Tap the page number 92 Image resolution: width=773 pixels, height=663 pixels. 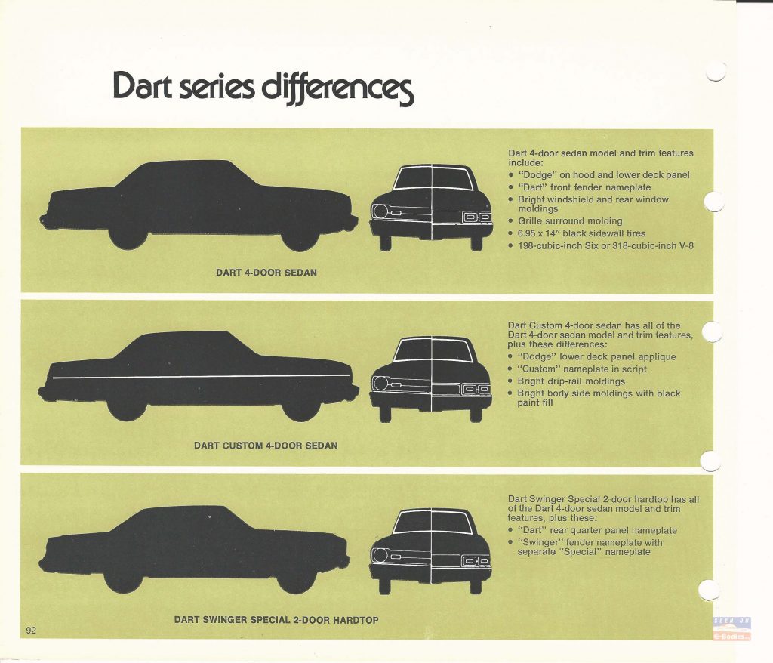click(31, 630)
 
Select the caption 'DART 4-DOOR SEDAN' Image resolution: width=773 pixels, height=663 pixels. click(266, 273)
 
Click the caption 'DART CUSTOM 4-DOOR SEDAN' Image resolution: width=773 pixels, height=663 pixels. click(266, 446)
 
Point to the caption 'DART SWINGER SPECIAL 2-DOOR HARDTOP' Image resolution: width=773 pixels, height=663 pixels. click(276, 620)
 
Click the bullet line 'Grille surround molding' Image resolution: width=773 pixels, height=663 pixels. click(565, 221)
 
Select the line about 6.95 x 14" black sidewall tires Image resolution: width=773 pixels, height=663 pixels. click(576, 233)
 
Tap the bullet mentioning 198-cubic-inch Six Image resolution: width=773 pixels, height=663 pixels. click(600, 245)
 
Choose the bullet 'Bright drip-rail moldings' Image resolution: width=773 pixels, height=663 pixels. click(566, 381)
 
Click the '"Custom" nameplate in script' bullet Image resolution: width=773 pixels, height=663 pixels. click(577, 369)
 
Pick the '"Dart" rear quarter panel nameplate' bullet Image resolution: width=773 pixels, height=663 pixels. click(592, 530)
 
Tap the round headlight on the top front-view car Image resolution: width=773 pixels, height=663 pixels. click(380, 211)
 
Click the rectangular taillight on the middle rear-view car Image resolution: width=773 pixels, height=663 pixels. click(476, 390)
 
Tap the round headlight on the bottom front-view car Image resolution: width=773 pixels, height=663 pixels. click(380, 556)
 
